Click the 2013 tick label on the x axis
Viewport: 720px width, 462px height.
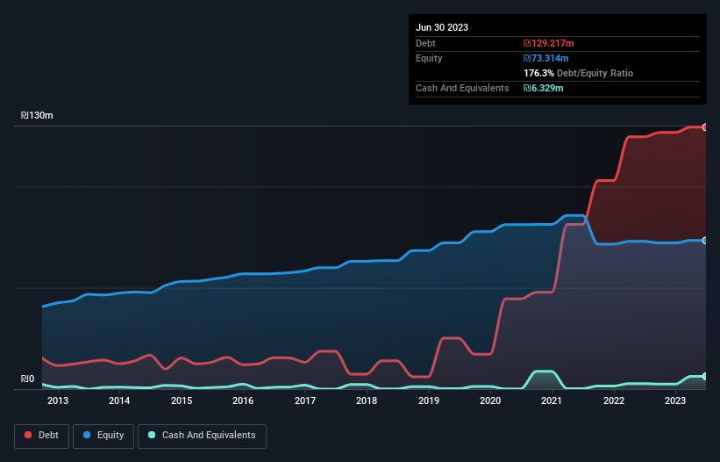coord(57,401)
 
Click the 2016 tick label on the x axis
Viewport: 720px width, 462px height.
coord(243,401)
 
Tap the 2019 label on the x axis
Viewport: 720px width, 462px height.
coord(428,401)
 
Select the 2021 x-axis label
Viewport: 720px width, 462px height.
coord(552,401)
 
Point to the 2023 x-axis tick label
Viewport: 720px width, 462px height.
coord(675,401)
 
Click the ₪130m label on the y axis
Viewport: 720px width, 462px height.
coord(38,115)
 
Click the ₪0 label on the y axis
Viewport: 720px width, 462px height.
coord(27,379)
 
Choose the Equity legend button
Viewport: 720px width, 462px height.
coord(103,436)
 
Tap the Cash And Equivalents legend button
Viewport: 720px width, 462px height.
coord(202,436)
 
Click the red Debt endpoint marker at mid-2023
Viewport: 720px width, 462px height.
coord(705,127)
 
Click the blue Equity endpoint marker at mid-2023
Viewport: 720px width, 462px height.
coord(705,240)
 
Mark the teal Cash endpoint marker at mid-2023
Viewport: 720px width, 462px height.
coord(705,376)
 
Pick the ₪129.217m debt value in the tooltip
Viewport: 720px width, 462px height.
coord(549,43)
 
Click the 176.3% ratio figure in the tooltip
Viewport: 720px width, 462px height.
coord(538,74)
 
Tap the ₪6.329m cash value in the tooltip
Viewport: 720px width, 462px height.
coord(544,89)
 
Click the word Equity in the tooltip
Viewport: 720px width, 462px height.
coord(429,58)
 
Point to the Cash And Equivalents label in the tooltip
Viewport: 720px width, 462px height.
coord(462,89)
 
